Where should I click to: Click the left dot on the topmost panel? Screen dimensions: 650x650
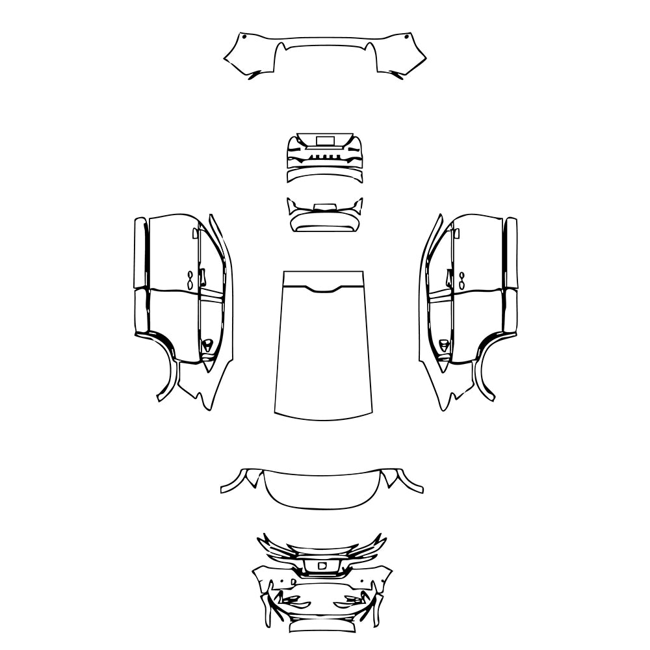click(x=242, y=38)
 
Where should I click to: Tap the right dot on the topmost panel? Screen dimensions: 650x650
click(x=408, y=38)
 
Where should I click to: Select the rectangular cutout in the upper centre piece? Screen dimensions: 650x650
click(x=324, y=140)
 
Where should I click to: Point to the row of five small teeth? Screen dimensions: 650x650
click(x=324, y=157)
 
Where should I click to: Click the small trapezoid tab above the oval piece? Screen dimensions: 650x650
click(x=324, y=207)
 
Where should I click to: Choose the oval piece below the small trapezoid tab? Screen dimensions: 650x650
click(x=324, y=222)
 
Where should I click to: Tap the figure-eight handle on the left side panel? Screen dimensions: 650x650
click(x=189, y=280)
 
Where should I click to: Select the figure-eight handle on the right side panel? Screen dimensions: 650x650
click(x=461, y=280)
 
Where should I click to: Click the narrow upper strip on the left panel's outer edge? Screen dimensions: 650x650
click(x=140, y=253)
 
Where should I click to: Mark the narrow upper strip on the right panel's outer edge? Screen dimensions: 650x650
click(x=511, y=253)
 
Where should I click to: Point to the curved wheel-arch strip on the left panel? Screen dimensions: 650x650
click(x=168, y=370)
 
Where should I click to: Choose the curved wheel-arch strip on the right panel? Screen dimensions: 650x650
click(x=482, y=370)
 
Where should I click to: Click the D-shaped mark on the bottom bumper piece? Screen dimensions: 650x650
click(x=322, y=566)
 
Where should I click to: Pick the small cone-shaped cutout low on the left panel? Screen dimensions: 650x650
click(x=207, y=345)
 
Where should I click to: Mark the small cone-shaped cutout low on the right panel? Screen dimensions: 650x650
click(x=443, y=345)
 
